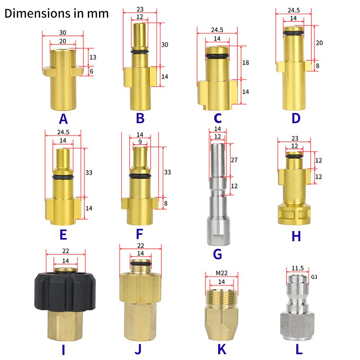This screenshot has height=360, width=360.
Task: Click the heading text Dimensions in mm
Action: click(x=56, y=14)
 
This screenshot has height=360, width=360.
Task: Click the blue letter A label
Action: click(x=63, y=118)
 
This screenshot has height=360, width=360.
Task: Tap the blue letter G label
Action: click(x=217, y=254)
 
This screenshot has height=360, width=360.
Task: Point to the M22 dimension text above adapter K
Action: click(x=221, y=273)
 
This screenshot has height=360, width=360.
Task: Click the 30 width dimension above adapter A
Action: click(x=63, y=32)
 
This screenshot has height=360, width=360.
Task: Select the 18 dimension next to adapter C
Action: click(x=246, y=62)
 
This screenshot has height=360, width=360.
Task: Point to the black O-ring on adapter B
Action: click(x=140, y=53)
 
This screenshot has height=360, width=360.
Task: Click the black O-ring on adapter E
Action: click(x=63, y=177)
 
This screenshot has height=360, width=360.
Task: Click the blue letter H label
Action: click(x=296, y=236)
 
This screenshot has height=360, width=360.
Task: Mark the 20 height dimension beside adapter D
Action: click(x=319, y=42)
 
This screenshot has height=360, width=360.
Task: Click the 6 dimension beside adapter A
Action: click(x=91, y=71)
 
